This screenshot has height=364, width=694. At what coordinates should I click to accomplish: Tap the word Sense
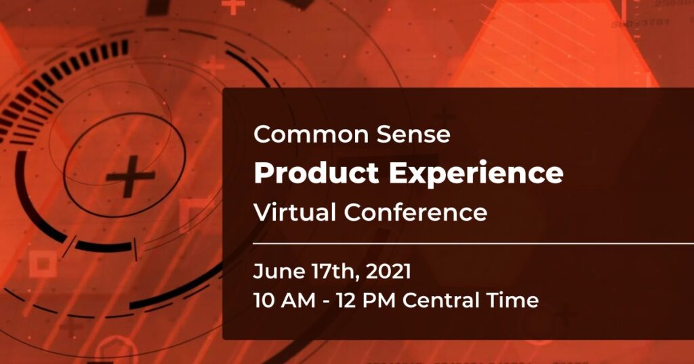point(413,134)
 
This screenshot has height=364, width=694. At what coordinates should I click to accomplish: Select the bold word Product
point(317,172)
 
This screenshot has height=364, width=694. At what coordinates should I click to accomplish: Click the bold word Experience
point(476,174)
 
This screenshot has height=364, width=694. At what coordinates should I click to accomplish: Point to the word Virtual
point(294,212)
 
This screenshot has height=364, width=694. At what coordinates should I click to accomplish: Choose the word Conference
point(415,212)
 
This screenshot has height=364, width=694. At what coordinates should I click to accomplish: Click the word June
point(279,272)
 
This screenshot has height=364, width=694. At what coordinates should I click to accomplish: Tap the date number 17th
point(333,272)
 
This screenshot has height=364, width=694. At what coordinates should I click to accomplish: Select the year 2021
point(388,272)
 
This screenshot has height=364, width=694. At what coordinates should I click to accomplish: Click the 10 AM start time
point(285,300)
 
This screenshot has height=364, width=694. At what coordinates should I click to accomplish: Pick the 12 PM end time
point(365,300)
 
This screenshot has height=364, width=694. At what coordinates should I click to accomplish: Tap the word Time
point(513,300)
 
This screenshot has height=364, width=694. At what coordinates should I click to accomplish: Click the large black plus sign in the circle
point(130,176)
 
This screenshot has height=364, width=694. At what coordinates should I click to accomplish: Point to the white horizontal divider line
point(473,243)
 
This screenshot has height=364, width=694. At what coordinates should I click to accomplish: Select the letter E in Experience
point(398,172)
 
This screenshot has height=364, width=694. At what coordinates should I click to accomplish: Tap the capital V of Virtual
point(263,212)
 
